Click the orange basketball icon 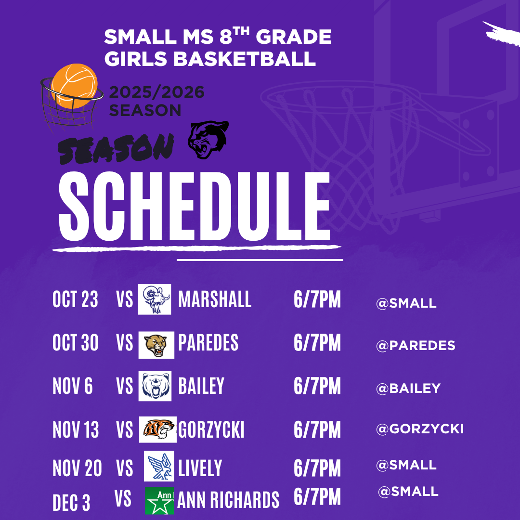point(74,86)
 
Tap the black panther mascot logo point(208,140)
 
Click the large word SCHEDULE point(195,206)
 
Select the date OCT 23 point(75,299)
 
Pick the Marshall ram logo point(155,299)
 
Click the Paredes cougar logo point(156,345)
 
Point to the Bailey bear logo point(155,386)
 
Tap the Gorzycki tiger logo point(158,429)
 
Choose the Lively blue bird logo point(159,466)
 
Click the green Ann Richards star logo point(159,501)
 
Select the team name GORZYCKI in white point(211,430)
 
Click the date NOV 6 point(73,386)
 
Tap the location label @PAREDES point(416,346)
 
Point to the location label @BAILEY point(408,389)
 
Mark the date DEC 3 point(71,503)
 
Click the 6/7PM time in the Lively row point(317,468)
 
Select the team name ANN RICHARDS point(228,500)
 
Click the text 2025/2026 point(156,92)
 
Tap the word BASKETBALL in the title point(245,59)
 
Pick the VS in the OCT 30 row point(124,343)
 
